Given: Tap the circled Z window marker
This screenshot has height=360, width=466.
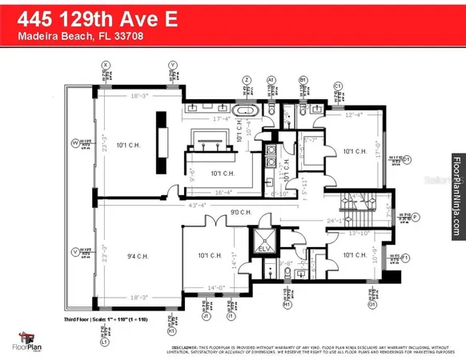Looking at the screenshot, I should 247,80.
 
